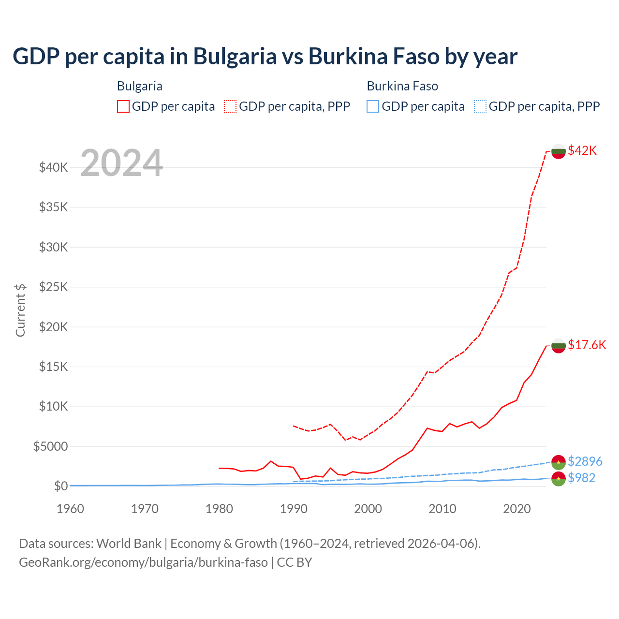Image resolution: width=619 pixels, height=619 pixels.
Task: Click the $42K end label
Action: coord(582,150)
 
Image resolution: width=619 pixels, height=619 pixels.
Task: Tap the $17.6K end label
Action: coord(587,345)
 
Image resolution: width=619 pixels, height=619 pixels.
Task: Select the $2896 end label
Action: coord(585,461)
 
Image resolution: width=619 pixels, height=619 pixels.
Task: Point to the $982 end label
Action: coord(581,478)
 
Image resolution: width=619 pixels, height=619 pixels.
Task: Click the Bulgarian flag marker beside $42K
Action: coord(559,151)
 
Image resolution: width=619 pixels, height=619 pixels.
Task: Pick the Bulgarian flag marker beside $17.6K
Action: coord(559,346)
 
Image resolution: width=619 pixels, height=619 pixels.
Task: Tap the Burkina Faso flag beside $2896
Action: coord(559,462)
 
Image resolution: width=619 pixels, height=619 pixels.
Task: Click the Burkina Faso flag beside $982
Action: coord(559,479)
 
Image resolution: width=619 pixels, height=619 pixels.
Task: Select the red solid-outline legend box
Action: coord(123,106)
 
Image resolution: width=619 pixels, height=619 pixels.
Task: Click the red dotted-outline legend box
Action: coord(231,106)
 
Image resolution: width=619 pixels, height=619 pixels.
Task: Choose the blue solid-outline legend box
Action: coord(373,106)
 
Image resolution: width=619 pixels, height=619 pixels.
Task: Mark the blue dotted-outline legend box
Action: coord(480,106)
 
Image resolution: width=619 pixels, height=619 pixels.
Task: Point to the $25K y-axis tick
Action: coord(54,287)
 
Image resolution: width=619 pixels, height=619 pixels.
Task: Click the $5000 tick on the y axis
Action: coord(51,446)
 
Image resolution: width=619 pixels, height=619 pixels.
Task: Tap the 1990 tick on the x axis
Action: coord(294,509)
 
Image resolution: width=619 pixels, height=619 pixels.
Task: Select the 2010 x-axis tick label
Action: coord(442,509)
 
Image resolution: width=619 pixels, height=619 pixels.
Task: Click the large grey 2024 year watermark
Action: coord(121,163)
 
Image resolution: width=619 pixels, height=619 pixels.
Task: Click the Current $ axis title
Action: coord(20,310)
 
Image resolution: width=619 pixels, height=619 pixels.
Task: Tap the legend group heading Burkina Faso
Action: coord(402,86)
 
